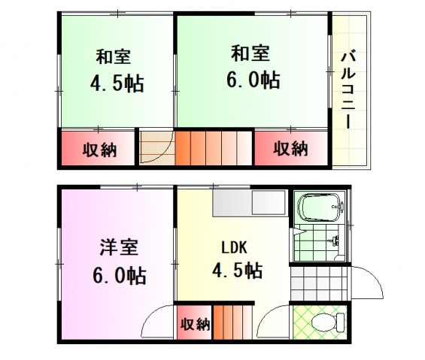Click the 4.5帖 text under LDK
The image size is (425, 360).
236,271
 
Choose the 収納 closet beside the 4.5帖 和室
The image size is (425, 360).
99,149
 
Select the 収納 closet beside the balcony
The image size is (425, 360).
290,148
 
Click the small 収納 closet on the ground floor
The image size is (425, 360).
194,325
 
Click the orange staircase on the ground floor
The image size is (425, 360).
233,323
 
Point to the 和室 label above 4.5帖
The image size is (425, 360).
114,56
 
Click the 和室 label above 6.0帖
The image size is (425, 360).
250,53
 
